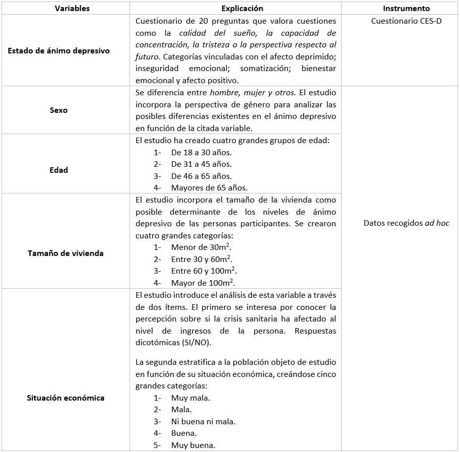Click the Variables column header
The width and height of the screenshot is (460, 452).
[x=65, y=9]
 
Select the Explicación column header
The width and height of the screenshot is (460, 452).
[x=235, y=9]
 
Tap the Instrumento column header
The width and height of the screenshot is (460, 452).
[x=406, y=9]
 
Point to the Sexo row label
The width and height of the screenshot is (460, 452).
[x=59, y=110]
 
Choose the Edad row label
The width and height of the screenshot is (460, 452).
[x=59, y=170]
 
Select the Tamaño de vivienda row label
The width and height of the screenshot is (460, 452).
[x=65, y=253]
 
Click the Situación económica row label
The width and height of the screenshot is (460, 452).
[x=65, y=398]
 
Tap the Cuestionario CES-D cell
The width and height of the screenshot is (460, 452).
[x=406, y=21]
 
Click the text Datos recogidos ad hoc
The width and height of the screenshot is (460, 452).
[x=406, y=223]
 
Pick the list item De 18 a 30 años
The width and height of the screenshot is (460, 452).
[x=201, y=152]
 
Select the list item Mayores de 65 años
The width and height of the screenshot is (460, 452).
[x=209, y=188]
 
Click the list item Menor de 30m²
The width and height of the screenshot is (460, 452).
[x=201, y=247]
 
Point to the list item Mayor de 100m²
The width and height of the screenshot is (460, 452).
[x=203, y=283]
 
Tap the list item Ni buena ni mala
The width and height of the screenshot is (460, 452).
[x=203, y=421]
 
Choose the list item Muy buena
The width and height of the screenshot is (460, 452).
[x=193, y=445]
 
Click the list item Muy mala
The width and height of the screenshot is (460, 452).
[x=190, y=398]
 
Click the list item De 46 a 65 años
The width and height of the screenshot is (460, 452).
[x=201, y=176]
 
